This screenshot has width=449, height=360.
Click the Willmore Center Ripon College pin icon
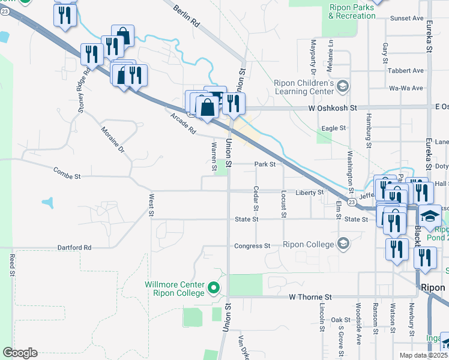(213, 289)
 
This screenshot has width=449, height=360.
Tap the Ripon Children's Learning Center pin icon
(342, 87)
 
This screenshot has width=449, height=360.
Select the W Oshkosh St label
(333, 108)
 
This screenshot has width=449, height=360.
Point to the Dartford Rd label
(74, 247)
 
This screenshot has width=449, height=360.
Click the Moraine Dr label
(112, 139)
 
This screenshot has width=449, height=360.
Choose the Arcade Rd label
(183, 123)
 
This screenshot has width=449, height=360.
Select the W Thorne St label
(310, 297)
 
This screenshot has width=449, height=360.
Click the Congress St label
(252, 246)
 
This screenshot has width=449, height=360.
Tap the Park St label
(265, 164)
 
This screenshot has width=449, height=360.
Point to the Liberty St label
(310, 193)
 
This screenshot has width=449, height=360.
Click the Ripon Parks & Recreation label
(352, 12)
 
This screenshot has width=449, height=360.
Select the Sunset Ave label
(406, 19)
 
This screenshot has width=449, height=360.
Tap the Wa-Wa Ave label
(406, 88)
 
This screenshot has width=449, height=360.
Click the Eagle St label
(334, 128)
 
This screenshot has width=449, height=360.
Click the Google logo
(20, 353)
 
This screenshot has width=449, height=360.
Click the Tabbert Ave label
(406, 70)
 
